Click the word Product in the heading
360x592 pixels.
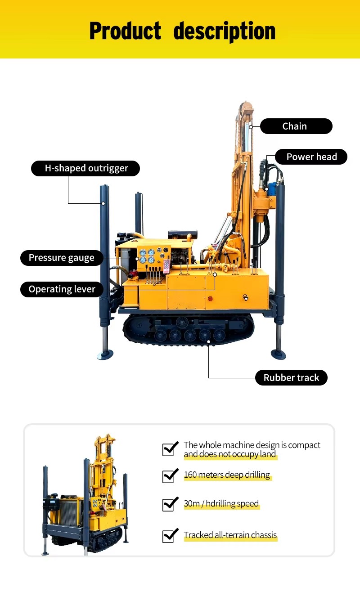pyautogui.click(x=125, y=31)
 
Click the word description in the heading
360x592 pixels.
pyautogui.click(x=225, y=31)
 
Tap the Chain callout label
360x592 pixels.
pyautogui.click(x=296, y=126)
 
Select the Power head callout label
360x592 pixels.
pyautogui.click(x=311, y=157)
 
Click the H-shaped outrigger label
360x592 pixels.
pyautogui.click(x=85, y=168)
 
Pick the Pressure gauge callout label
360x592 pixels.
pyautogui.click(x=62, y=258)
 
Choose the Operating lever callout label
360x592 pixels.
pyautogui.click(x=62, y=289)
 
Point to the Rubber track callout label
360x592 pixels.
pyautogui.click(x=291, y=378)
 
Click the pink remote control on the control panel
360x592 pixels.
pyautogui.click(x=166, y=266)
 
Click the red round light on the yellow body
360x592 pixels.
pyautogui.click(x=210, y=299)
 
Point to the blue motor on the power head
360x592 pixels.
pyautogui.click(x=272, y=188)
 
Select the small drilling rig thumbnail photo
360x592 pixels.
pyautogui.click(x=85, y=494)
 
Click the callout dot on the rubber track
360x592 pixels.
pyautogui.click(x=208, y=342)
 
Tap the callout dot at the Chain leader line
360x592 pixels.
pyautogui.click(x=251, y=127)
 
